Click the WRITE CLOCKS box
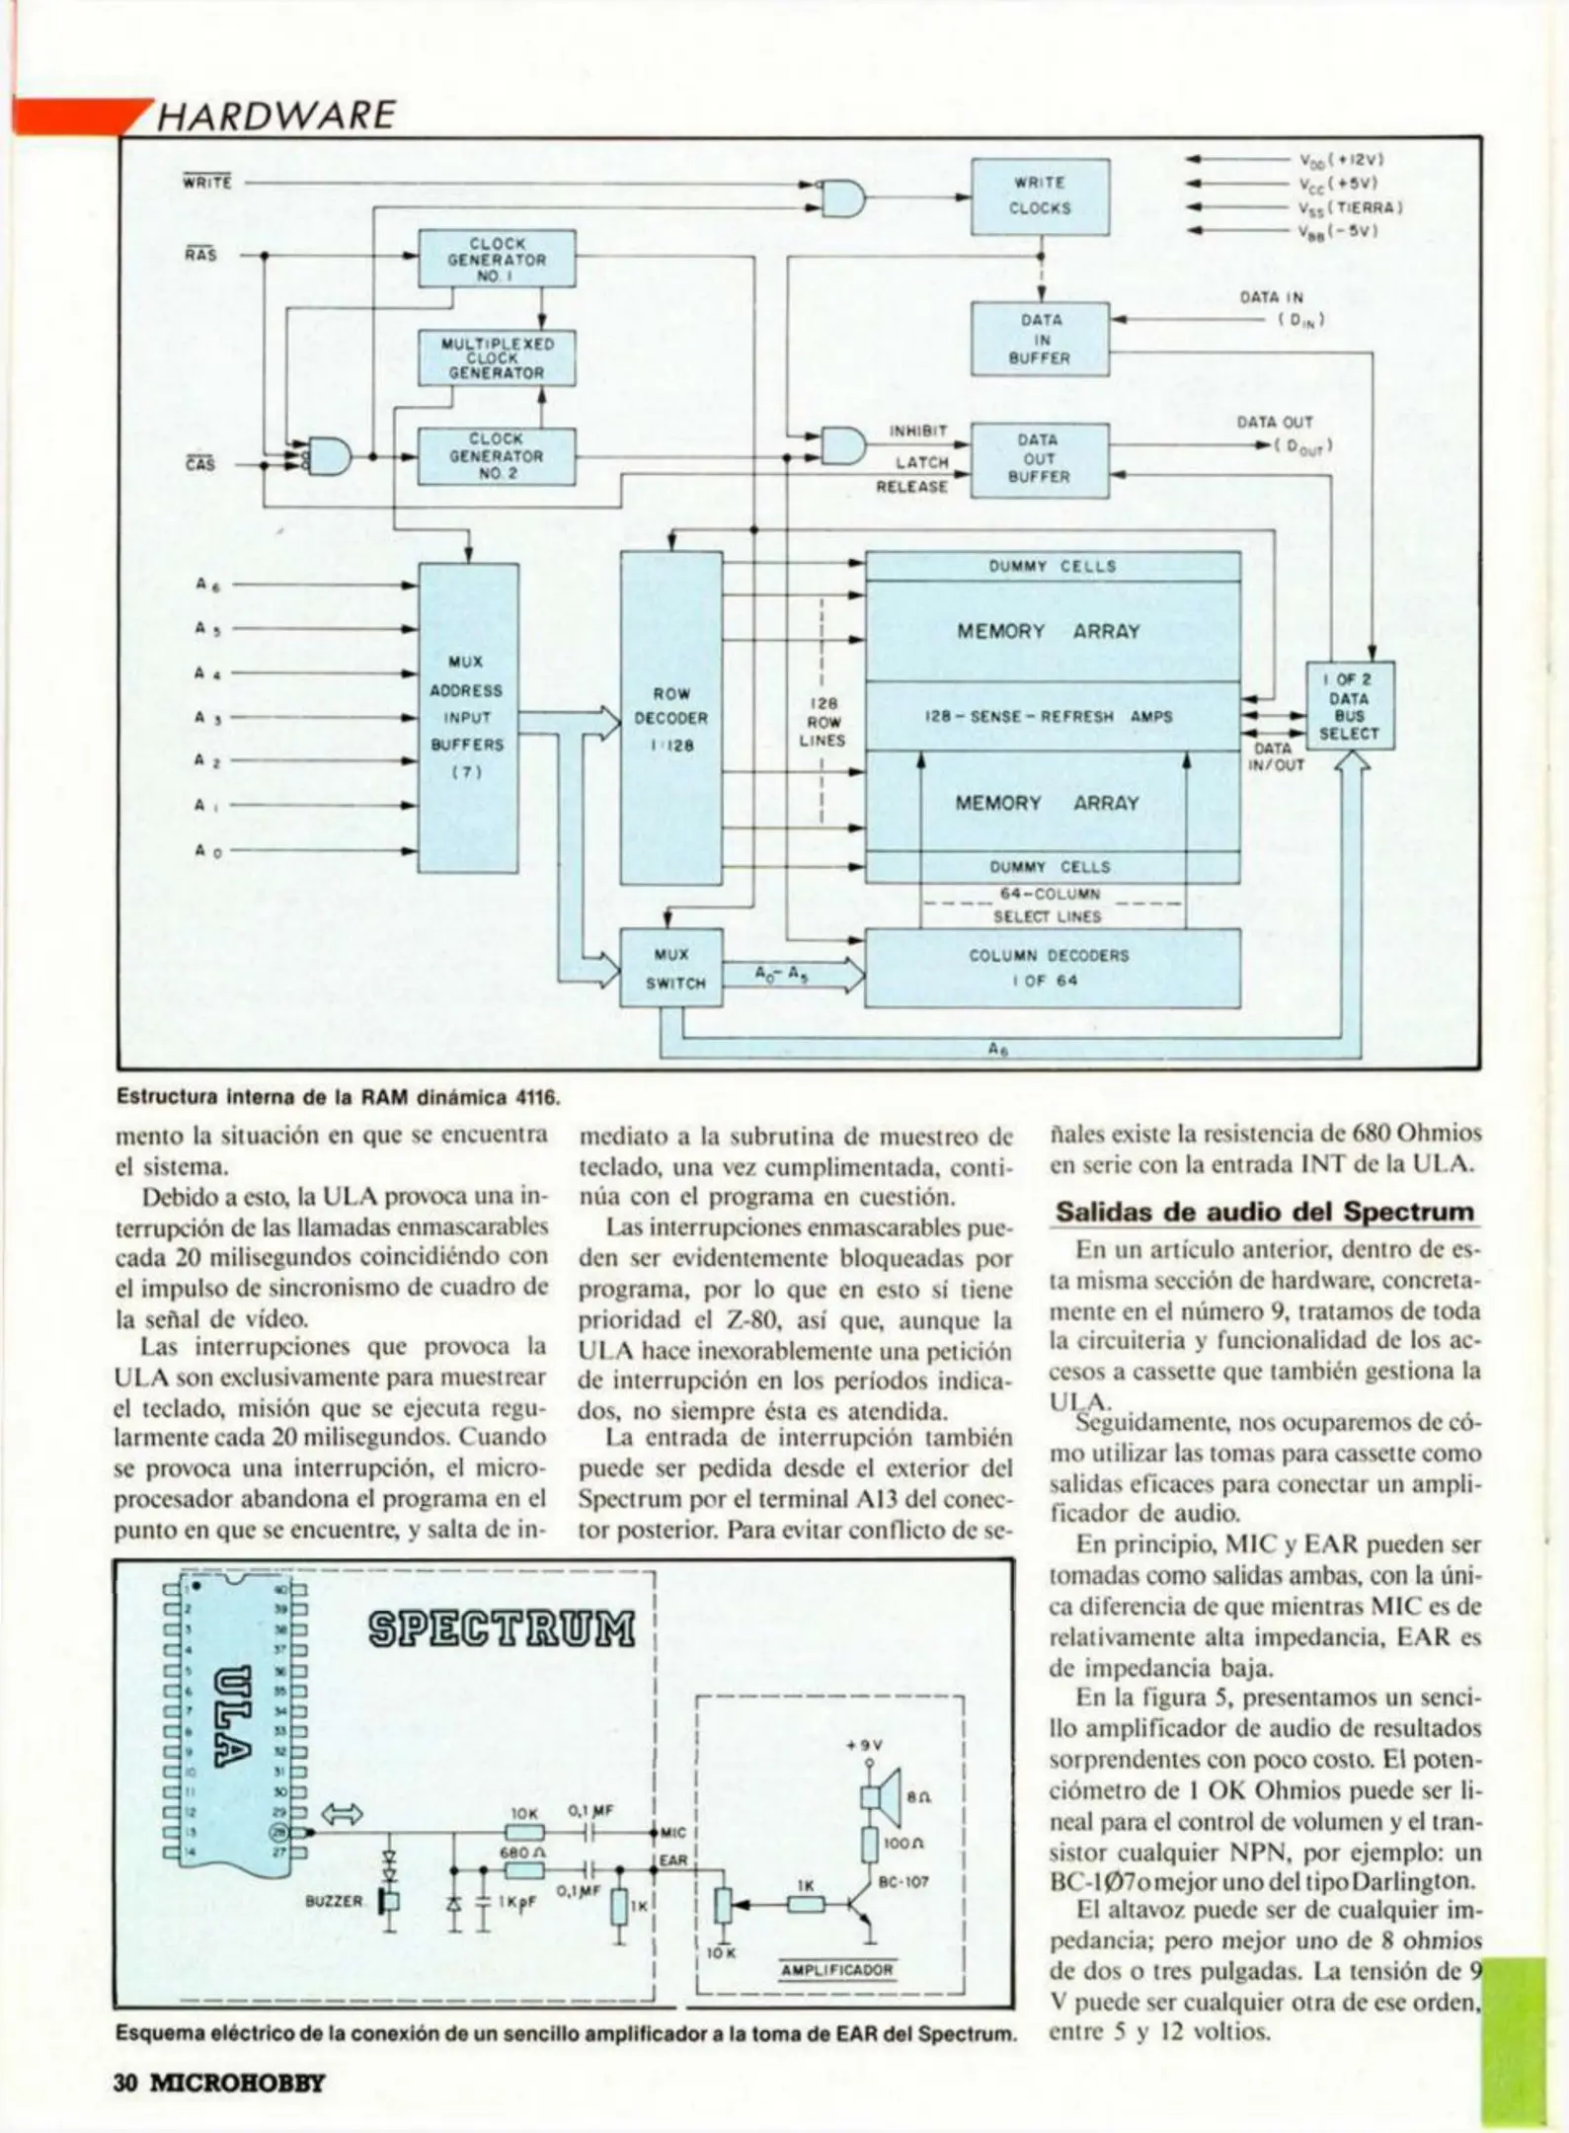(x=1040, y=196)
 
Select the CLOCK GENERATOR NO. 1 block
(x=497, y=259)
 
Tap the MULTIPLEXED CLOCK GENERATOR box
(x=497, y=357)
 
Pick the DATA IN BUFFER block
(x=1040, y=339)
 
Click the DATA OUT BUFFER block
(x=1040, y=459)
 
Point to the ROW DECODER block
(x=670, y=718)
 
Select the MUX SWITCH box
(x=670, y=968)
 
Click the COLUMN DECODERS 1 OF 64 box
(x=1052, y=968)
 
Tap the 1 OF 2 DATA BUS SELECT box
(x=1349, y=706)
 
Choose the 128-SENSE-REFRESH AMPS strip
(x=1052, y=716)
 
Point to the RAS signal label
(x=199, y=255)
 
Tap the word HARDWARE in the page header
(x=275, y=116)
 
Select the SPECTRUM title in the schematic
(x=502, y=1628)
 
